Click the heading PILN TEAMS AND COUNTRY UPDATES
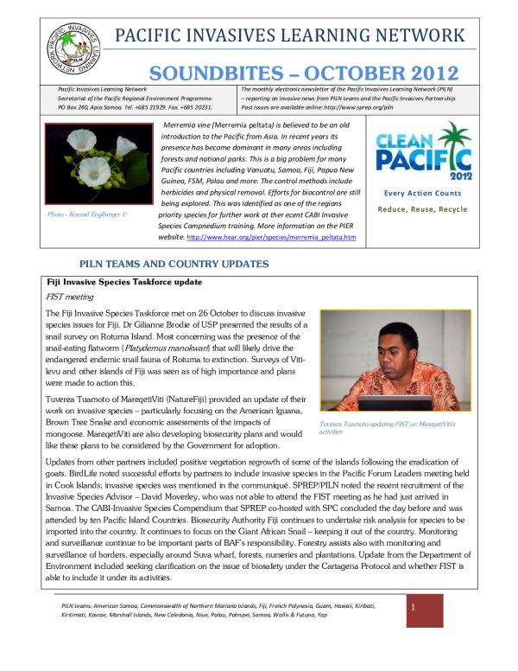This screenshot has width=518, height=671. click(x=174, y=263)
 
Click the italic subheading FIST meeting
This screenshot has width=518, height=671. click(x=70, y=298)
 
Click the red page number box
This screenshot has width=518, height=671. click(x=424, y=610)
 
